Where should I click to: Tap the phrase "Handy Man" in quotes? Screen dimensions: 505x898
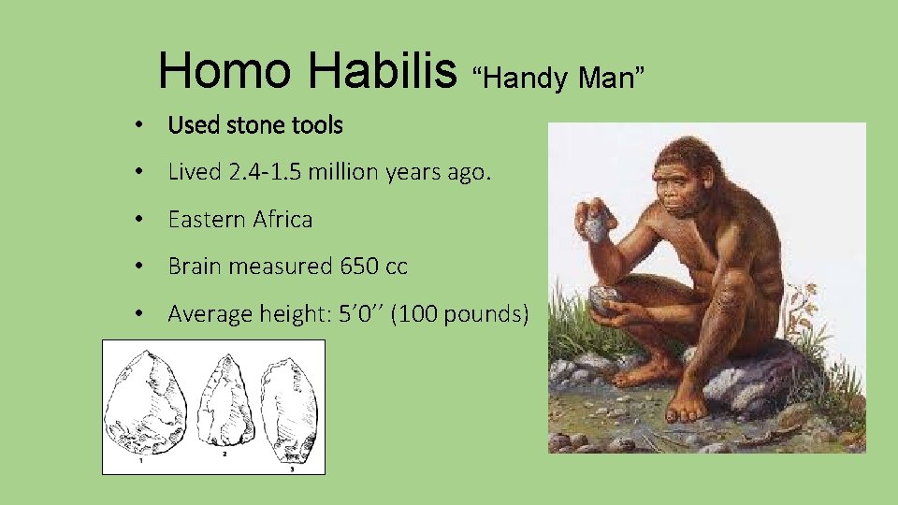click(x=558, y=79)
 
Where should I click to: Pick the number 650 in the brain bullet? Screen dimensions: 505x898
click(x=359, y=267)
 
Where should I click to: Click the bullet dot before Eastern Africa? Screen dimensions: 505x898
click(x=138, y=220)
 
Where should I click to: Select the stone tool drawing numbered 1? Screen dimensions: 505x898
click(x=145, y=407)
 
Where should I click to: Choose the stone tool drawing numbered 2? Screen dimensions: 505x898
click(x=224, y=404)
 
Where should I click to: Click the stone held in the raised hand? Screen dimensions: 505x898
click(x=596, y=226)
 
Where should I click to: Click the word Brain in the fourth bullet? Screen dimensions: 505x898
click(x=195, y=267)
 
